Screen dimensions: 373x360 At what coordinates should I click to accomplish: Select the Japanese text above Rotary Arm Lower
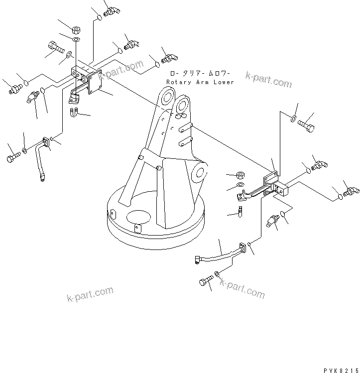coord(200,73)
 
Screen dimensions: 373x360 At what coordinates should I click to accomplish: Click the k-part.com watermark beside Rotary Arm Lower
coord(268,80)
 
